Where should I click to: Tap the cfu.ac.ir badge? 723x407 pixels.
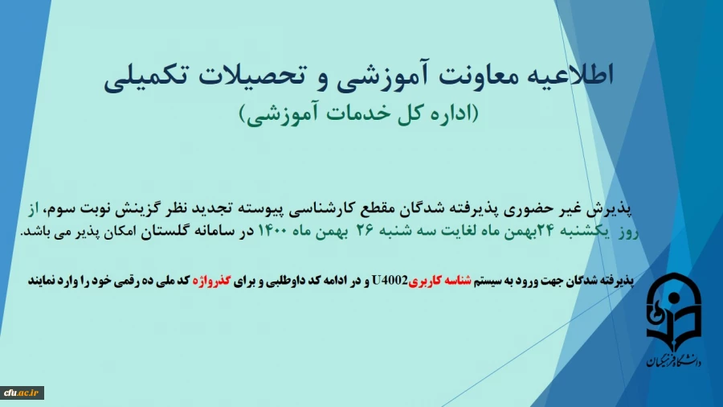tap(22, 393)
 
